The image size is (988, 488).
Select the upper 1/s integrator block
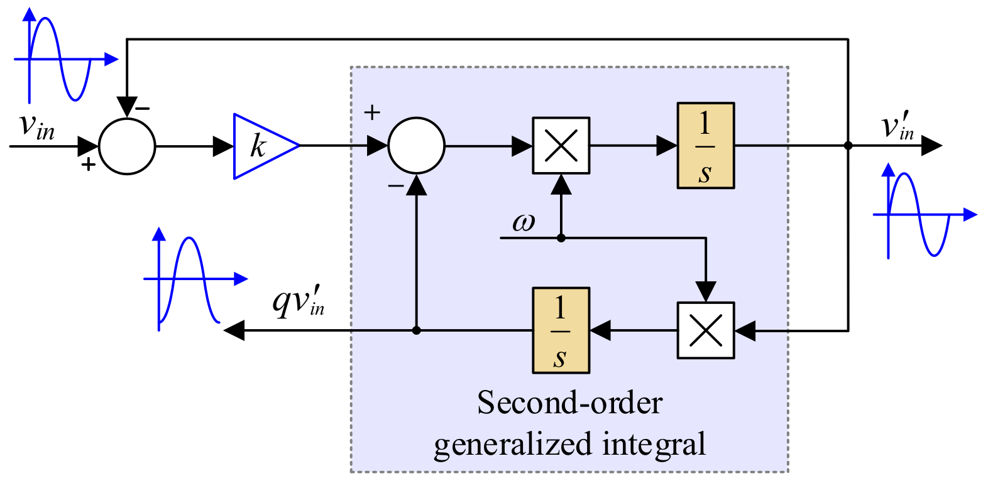[x=705, y=146]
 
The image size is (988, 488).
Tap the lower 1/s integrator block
[x=561, y=330]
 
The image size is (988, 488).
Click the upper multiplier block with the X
[x=561, y=146]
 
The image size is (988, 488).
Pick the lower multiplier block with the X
[x=705, y=330]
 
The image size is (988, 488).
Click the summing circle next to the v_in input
[x=127, y=146]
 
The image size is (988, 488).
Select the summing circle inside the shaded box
[x=416, y=146]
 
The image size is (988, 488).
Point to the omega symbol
[x=523, y=222]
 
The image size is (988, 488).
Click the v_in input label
[x=36, y=126]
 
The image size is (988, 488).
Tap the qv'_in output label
[x=299, y=300]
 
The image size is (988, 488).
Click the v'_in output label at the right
[x=897, y=126]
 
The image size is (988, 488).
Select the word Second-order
[x=569, y=403]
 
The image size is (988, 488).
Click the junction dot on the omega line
[x=561, y=238]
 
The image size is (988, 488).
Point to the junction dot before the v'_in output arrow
[x=848, y=146]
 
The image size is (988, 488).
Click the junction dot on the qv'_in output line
[x=416, y=330]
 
